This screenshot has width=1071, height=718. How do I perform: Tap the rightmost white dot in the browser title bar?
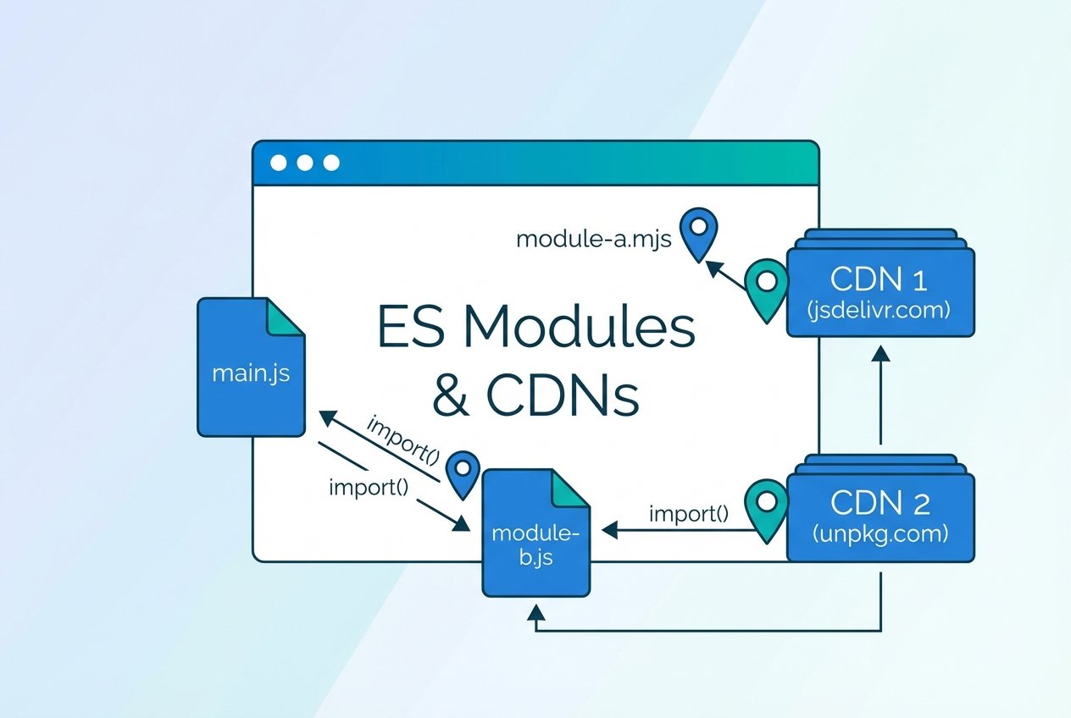[x=331, y=163]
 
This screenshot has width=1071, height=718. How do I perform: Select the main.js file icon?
[x=251, y=367]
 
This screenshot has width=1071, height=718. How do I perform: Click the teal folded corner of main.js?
[x=286, y=316]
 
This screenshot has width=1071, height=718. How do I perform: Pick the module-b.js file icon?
[x=535, y=533]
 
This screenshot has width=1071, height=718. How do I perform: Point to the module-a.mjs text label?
[x=593, y=239]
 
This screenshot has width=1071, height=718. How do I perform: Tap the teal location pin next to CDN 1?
[x=767, y=286]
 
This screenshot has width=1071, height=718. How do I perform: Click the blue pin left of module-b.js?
[x=463, y=472]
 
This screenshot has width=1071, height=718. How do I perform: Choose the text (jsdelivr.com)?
[x=881, y=310]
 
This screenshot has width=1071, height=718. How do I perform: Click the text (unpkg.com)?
[x=881, y=534]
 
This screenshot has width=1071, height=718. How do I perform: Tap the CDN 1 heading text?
[x=881, y=279]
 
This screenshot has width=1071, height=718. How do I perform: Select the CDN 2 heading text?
[x=881, y=503]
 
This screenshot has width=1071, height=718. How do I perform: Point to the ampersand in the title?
[x=451, y=396]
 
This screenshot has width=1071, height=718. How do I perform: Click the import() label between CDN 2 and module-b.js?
[x=688, y=513]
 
